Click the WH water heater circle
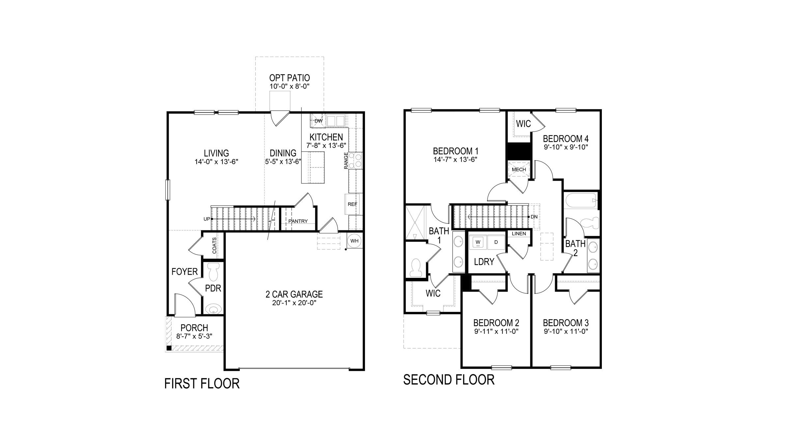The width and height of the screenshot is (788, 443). click(x=354, y=241)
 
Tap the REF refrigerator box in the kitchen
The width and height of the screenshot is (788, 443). click(x=352, y=204)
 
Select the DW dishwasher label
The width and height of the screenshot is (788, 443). click(x=318, y=121)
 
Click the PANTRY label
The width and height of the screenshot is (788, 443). click(x=298, y=221)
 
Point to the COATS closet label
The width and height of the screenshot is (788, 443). click(x=214, y=246)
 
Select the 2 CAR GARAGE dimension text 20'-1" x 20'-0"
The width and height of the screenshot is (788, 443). click(x=294, y=303)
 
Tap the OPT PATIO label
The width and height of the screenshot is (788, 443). click(x=290, y=78)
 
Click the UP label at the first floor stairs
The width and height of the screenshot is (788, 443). click(x=207, y=219)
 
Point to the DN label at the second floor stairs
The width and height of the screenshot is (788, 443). click(x=534, y=217)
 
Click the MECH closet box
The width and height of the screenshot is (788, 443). click(x=519, y=169)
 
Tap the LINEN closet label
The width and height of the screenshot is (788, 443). click(x=519, y=234)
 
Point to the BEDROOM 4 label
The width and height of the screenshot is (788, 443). click(x=566, y=139)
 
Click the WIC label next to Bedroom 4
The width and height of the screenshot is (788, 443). click(x=523, y=124)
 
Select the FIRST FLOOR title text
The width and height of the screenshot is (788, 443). click(x=202, y=384)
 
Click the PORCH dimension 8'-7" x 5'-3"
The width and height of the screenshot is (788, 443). click(x=194, y=336)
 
